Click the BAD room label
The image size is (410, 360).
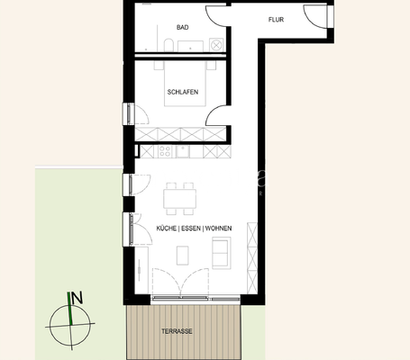click(x=183, y=27)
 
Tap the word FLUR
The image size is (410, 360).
click(x=277, y=19)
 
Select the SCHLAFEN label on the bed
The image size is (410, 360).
click(x=182, y=92)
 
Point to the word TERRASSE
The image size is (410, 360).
click(x=177, y=331)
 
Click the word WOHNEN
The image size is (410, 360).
click(x=219, y=229)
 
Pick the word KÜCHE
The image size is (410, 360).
click(x=167, y=229)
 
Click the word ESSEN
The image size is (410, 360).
click(x=191, y=229)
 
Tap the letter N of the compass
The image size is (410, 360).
click(x=77, y=298)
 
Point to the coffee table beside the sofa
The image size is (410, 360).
click(x=183, y=255)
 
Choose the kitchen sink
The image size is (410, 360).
click(x=183, y=150)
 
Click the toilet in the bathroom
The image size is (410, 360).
click(x=169, y=43)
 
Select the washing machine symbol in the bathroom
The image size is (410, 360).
click(x=215, y=43)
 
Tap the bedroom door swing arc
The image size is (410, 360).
click(x=216, y=115)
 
